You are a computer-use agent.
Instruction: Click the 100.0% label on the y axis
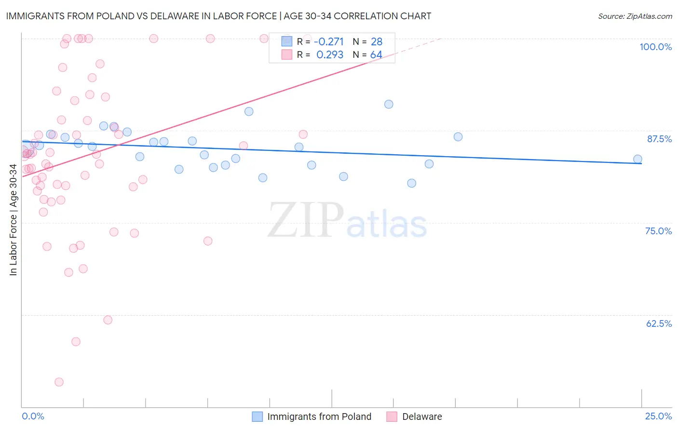[655, 47]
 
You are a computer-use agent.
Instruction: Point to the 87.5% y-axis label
[659, 139]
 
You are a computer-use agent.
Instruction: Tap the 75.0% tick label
[658, 231]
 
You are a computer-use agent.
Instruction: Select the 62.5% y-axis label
[659, 323]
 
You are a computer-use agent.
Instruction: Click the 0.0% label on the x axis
[33, 416]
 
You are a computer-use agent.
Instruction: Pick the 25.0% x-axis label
[658, 416]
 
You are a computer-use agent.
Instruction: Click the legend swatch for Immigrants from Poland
[258, 417]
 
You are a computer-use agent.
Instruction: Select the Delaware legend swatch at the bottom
[392, 417]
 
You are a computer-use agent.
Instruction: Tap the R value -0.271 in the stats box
[328, 42]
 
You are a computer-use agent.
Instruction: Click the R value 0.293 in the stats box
[330, 55]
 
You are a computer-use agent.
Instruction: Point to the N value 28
[376, 42]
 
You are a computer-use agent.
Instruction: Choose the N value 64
[376, 55]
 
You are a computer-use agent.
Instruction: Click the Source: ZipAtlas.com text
[635, 16]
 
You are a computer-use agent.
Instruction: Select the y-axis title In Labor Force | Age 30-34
[13, 220]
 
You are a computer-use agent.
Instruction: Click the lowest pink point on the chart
[59, 382]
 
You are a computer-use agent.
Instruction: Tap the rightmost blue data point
[637, 159]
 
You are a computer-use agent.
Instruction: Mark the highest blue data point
[389, 104]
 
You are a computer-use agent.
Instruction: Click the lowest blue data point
[411, 183]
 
